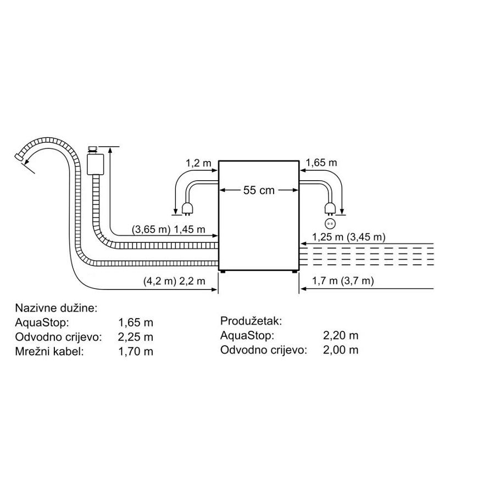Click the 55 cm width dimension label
coord(258,191)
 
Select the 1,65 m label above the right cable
coord(321,163)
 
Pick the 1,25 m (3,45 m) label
coord(348,237)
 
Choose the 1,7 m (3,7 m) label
coord(342,281)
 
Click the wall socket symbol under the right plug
coord(330,224)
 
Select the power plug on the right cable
coord(330,208)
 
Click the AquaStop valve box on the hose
coord(96,163)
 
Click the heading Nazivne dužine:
coord(57,308)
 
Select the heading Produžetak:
coord(251,321)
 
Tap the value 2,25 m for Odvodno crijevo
coord(136,337)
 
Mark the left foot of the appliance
coord(223,271)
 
